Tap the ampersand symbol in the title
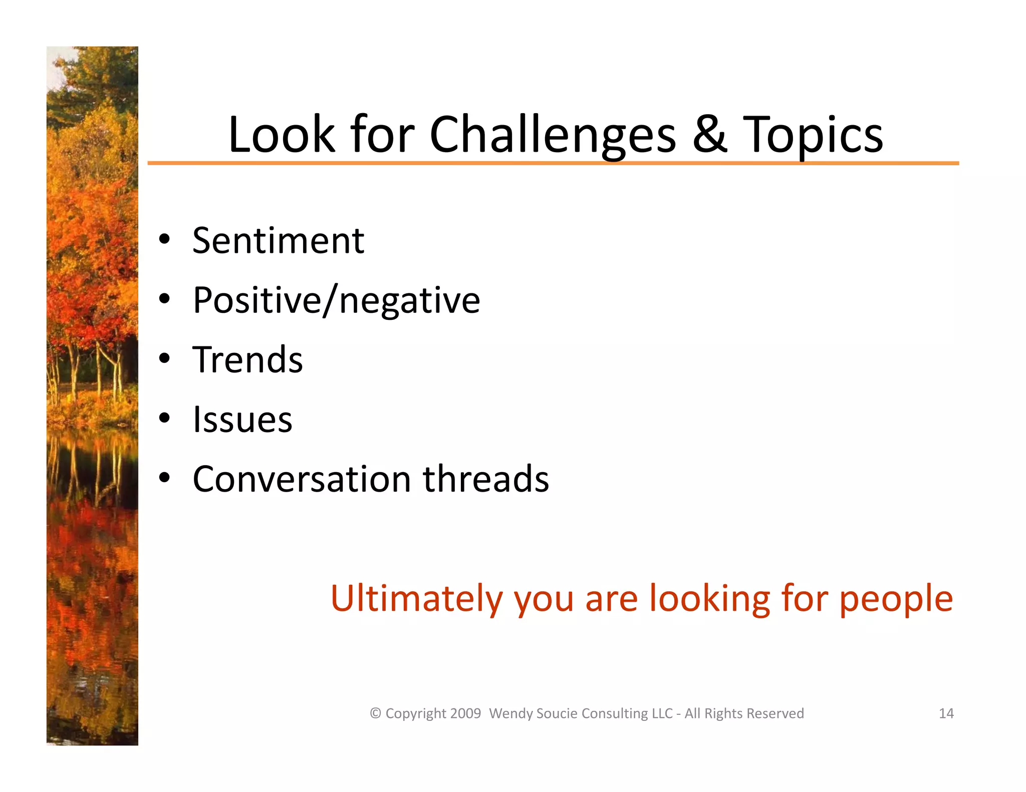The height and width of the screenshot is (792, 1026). pos(709,134)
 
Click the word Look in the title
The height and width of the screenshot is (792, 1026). pos(281,134)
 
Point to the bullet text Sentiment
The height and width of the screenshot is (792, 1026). pos(278,241)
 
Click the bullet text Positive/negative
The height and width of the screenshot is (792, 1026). pos(336,300)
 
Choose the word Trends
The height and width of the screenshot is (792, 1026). pos(247,359)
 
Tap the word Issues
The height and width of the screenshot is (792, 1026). pos(242,419)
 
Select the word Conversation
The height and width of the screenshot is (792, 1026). pos(302,479)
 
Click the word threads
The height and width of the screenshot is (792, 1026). pos(485,479)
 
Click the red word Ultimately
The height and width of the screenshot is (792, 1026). pos(416,599)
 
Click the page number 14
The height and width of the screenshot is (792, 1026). pos(946,713)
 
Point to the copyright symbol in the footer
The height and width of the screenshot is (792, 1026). pos(376,713)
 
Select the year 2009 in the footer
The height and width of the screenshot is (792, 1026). pos(465,713)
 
